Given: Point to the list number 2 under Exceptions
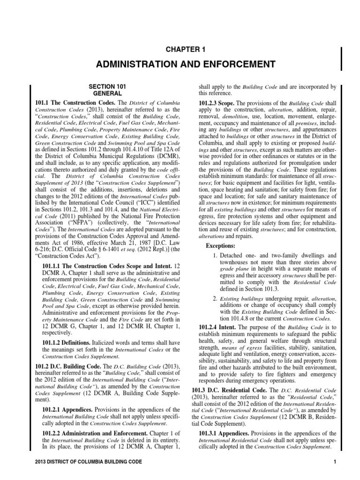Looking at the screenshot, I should [214, 298].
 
